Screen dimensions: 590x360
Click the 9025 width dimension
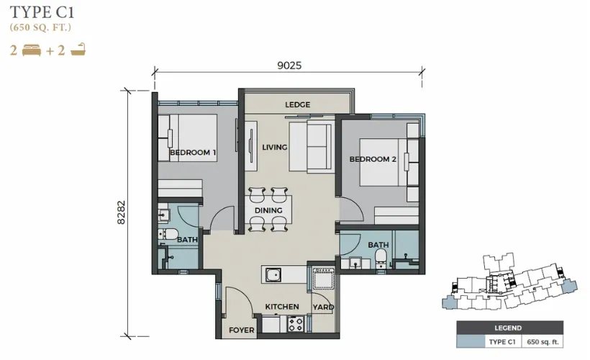click(x=289, y=66)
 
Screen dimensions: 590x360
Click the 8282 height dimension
click(x=121, y=212)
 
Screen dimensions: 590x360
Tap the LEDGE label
click(x=298, y=104)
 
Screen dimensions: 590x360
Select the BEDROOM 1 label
click(x=193, y=153)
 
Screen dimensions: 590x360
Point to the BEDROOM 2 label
click(x=373, y=159)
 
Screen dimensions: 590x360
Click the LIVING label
click(x=275, y=147)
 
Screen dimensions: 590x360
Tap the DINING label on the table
click(x=268, y=210)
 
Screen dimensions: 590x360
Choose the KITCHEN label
click(x=282, y=307)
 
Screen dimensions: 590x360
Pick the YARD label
click(x=324, y=307)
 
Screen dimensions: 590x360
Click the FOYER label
click(x=242, y=330)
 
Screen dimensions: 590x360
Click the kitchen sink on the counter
click(x=273, y=274)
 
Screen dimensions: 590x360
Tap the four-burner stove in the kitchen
click(x=296, y=324)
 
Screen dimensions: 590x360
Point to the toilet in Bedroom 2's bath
click(x=381, y=258)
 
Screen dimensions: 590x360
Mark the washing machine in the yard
click(x=323, y=279)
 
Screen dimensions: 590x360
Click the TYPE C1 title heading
click(x=42, y=12)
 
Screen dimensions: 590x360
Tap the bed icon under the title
click(x=32, y=50)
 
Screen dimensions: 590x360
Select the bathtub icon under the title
click(x=78, y=50)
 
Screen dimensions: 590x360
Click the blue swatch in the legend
click(x=471, y=342)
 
